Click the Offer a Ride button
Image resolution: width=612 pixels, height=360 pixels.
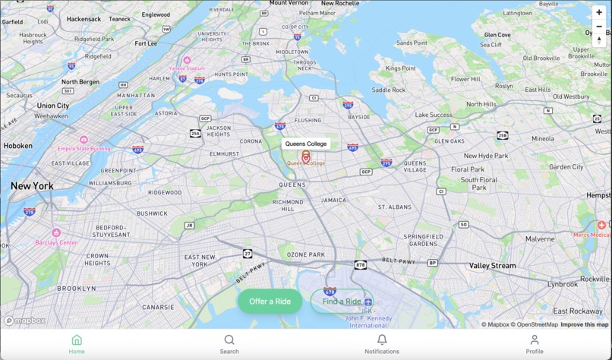click(270, 302)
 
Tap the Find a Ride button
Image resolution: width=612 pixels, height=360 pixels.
click(342, 302)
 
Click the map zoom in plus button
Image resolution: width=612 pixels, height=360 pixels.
click(599, 12)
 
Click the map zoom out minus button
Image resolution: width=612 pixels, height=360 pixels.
click(599, 27)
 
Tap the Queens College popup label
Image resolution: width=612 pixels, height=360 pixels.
click(306, 144)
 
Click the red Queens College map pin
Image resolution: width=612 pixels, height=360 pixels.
click(306, 156)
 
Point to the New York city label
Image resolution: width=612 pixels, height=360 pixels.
click(32, 186)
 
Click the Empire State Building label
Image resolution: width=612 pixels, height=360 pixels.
click(84, 149)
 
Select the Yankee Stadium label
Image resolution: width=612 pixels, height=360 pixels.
click(187, 68)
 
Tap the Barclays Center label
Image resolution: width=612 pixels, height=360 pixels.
click(56, 242)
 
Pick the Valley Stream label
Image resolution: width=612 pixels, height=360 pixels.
click(492, 266)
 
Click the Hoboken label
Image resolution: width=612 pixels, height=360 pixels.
click(17, 146)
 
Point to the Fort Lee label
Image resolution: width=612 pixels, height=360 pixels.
click(146, 43)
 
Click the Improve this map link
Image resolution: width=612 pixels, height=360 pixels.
click(584, 324)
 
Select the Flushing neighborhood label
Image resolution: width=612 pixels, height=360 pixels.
click(308, 120)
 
